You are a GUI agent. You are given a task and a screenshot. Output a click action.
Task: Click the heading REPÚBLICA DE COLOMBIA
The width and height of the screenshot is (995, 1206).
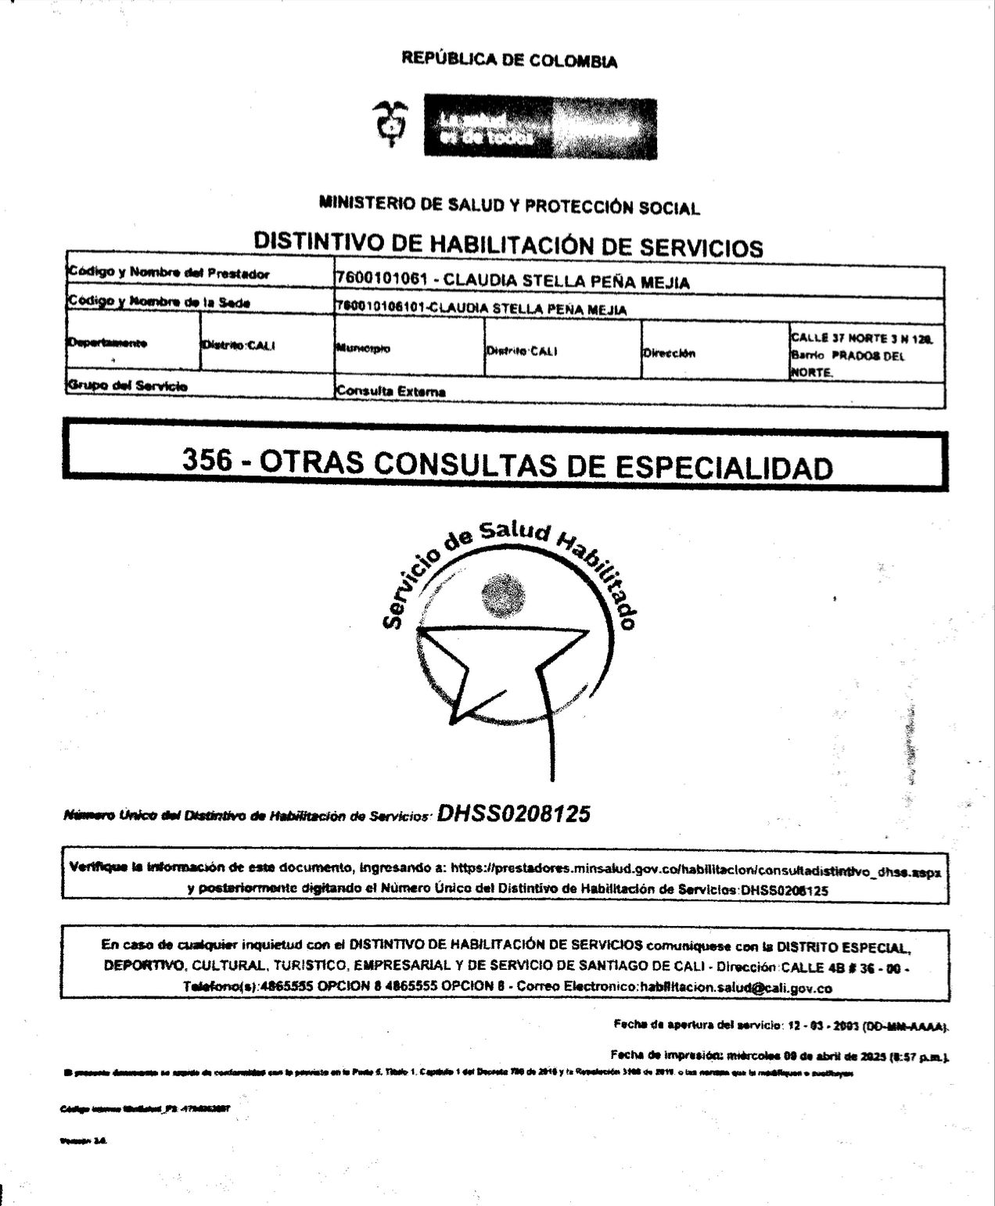pyautogui.click(x=508, y=59)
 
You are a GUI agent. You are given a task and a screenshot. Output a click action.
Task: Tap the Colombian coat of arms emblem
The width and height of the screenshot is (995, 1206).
pyautogui.click(x=388, y=124)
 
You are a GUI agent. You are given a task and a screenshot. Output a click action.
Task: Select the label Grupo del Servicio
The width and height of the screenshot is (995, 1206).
pyautogui.click(x=128, y=386)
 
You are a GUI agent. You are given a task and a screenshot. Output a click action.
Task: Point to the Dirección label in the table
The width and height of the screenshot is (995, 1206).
pyautogui.click(x=669, y=353)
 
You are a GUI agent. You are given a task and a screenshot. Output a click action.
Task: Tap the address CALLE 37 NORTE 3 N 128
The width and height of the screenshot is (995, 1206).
pyautogui.click(x=860, y=339)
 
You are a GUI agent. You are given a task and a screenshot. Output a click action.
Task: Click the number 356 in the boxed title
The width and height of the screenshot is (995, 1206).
pyautogui.click(x=207, y=461)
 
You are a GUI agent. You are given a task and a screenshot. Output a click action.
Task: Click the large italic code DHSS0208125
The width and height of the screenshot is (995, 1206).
pyautogui.click(x=513, y=814)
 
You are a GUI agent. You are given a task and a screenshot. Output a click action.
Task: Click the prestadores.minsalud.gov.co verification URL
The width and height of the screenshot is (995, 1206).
pyautogui.click(x=691, y=870)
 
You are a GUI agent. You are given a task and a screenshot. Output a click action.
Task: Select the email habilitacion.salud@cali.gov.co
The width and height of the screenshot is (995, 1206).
pyautogui.click(x=735, y=988)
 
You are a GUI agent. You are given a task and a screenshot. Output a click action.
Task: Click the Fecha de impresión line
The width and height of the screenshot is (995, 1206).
pyautogui.click(x=779, y=1055)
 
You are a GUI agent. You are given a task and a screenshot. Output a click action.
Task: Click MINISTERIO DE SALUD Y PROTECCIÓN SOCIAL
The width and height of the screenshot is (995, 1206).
pyautogui.click(x=508, y=206)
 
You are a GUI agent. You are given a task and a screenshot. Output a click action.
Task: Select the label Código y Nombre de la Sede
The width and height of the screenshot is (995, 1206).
pyautogui.click(x=159, y=302)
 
